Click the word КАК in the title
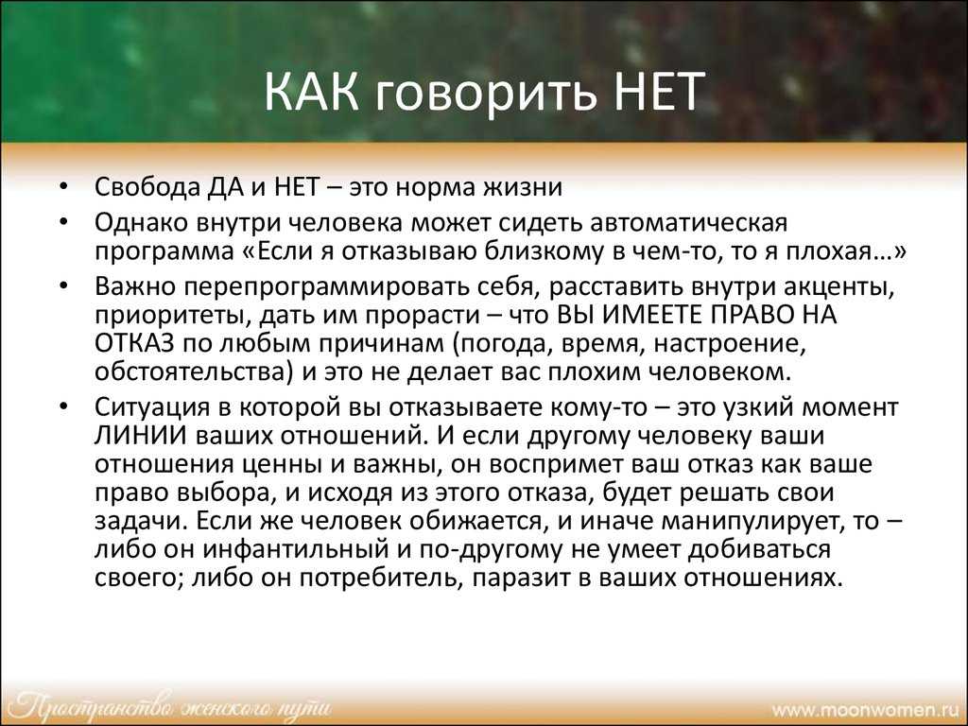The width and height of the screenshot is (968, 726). point(311,92)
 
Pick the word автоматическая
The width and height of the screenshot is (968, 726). point(688,222)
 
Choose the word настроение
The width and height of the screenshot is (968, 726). point(730,344)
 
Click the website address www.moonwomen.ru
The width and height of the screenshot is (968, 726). point(869,709)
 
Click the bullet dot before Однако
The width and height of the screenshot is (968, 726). point(63,222)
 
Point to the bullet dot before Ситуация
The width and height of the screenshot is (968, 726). point(63,406)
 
